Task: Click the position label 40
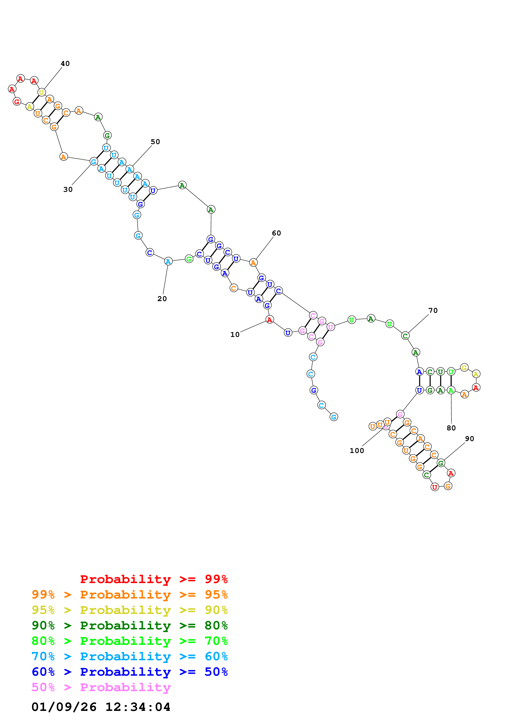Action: [65, 64]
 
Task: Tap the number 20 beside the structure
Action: [162, 299]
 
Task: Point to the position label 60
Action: [276, 233]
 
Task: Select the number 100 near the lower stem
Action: [357, 451]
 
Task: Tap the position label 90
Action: [469, 439]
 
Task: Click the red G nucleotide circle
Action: [17, 102]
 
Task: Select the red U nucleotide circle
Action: [435, 487]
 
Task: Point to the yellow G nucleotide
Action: [464, 367]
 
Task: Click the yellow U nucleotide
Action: [41, 92]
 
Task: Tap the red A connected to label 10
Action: [269, 320]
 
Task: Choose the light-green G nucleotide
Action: [189, 259]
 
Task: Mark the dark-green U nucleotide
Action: [441, 372]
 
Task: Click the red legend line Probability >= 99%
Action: [154, 579]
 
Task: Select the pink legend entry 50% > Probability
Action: [101, 687]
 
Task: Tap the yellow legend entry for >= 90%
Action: [130, 610]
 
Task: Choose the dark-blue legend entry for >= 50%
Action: [130, 672]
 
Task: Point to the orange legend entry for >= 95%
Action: [130, 595]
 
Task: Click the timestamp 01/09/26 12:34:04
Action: [101, 707]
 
